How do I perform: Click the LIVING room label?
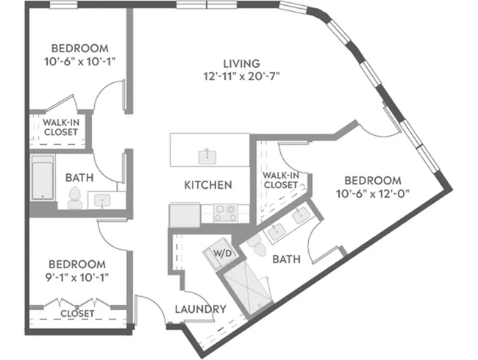242,64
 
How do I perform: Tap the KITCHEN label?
208,185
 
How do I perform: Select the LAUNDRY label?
201,309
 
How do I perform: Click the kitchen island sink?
207,156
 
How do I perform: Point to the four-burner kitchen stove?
226,212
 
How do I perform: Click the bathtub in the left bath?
43,178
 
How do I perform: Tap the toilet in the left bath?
75,198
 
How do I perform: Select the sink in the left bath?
102,201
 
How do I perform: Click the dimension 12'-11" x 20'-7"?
241,76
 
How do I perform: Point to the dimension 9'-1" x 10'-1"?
77,278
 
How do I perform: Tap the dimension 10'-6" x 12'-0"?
373,193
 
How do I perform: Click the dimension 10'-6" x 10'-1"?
80,62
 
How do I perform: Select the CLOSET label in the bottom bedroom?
77,314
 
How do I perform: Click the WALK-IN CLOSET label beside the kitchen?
281,180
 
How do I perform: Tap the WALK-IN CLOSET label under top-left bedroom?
61,127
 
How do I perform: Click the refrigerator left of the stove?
185,215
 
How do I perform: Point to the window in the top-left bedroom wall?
63,5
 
